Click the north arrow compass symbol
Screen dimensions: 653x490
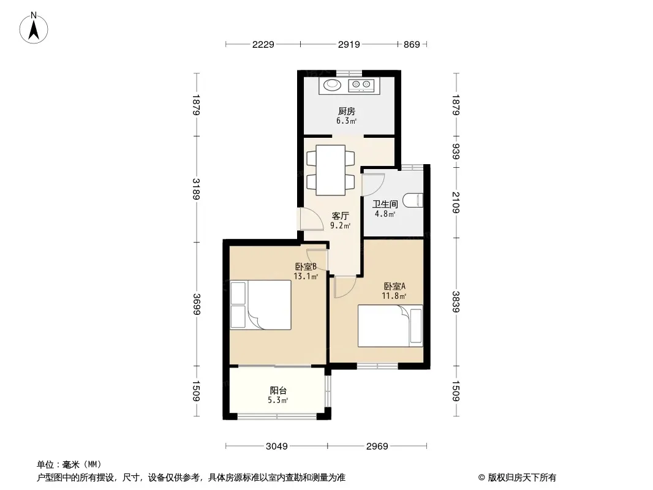click(x=34, y=28)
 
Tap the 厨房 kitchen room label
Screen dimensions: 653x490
click(x=347, y=111)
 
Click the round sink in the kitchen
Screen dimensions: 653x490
click(x=332, y=85)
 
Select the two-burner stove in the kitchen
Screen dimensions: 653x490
click(x=361, y=85)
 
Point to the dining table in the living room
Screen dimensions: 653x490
click(x=331, y=170)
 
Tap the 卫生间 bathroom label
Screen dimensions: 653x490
click(x=385, y=204)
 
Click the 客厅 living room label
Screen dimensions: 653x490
click(x=340, y=216)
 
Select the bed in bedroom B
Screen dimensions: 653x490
click(x=261, y=305)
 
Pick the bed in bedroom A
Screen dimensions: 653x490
click(x=390, y=326)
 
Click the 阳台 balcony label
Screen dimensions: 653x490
click(x=278, y=391)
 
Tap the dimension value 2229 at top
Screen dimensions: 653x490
click(x=263, y=44)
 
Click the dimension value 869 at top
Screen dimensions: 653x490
click(x=412, y=44)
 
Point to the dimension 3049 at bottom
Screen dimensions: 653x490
click(x=276, y=447)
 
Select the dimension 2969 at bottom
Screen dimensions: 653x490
click(x=377, y=447)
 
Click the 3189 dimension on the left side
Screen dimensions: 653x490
click(x=197, y=189)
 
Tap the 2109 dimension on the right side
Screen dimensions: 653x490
click(x=456, y=202)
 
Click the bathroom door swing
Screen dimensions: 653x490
click(x=373, y=184)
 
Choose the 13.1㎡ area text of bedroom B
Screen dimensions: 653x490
click(x=306, y=276)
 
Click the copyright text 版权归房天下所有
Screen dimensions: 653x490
click(x=522, y=478)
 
